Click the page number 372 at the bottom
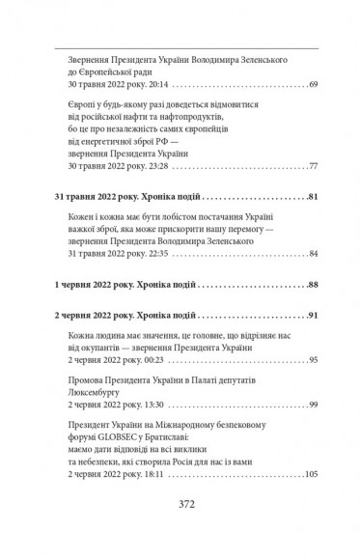tap(180, 530)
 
